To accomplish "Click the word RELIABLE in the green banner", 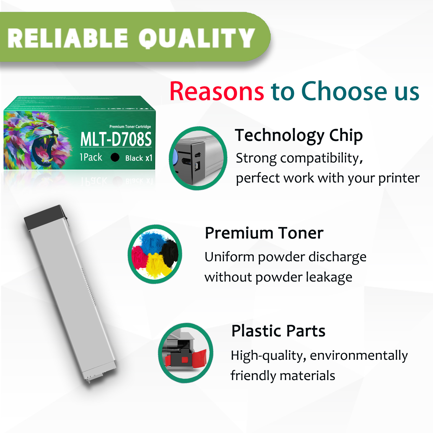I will click(x=68, y=38).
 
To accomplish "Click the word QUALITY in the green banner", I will click(x=197, y=38).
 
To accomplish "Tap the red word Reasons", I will click(x=217, y=91).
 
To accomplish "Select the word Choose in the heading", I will click(x=344, y=91).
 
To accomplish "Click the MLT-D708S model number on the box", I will click(x=116, y=139).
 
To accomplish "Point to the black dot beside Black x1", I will click(x=115, y=157).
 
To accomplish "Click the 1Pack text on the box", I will click(x=91, y=157).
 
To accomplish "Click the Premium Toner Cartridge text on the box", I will click(x=130, y=127).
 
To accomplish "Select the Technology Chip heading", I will click(x=299, y=135).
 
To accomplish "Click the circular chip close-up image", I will click(x=198, y=158).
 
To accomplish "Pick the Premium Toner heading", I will click(x=264, y=233).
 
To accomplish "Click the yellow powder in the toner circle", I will click(x=157, y=266).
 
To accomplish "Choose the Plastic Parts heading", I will click(x=278, y=331).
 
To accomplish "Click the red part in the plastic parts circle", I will click(x=200, y=358).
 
